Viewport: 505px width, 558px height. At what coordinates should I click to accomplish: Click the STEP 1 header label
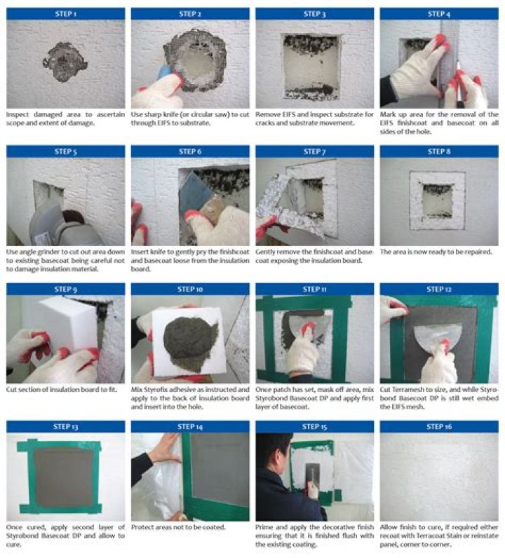[65, 14]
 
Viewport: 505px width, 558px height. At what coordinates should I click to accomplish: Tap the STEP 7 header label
[314, 152]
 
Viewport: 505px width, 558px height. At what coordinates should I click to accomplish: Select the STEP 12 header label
[439, 290]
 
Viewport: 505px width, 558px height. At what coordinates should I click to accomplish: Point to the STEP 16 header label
[439, 427]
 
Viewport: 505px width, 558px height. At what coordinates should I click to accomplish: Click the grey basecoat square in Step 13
[65, 472]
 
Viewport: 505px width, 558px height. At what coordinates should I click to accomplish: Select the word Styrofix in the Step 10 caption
[156, 390]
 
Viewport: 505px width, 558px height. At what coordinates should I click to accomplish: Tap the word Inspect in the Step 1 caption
[18, 114]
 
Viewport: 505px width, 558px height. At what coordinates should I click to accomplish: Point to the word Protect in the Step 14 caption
[143, 527]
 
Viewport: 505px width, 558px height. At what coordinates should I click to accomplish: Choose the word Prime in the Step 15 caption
[264, 527]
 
